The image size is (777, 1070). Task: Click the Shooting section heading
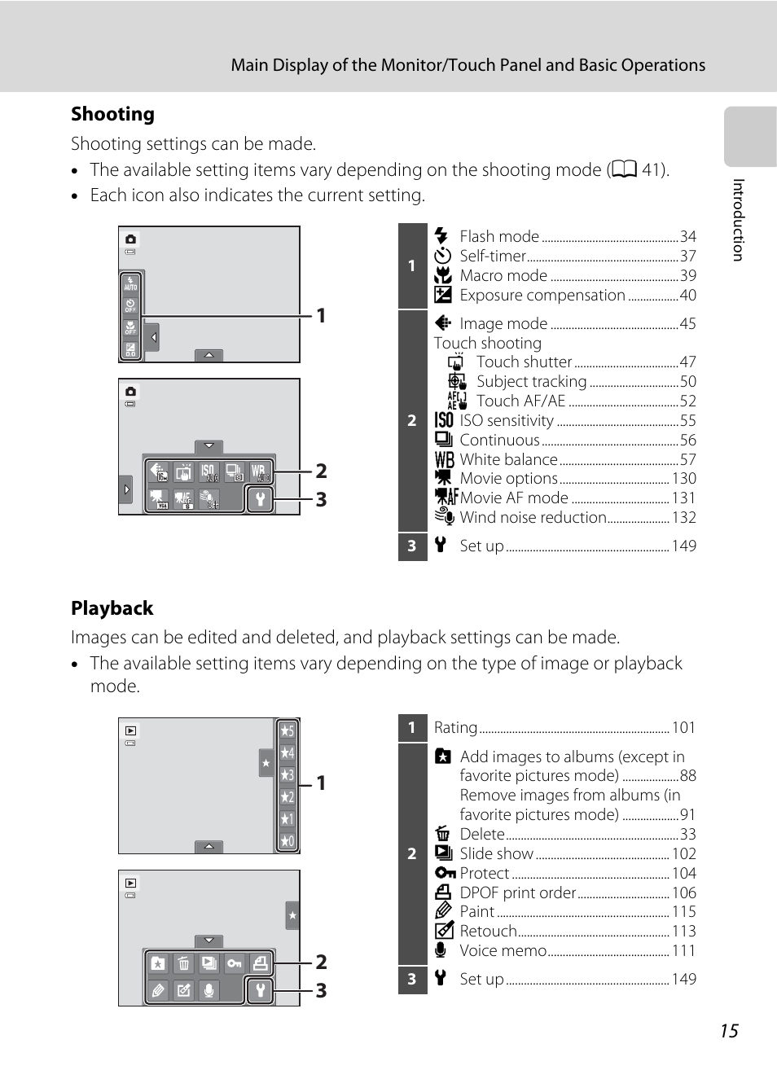click(x=112, y=114)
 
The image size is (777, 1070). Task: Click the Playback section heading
click(x=112, y=608)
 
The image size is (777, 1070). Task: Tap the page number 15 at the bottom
click(x=728, y=1031)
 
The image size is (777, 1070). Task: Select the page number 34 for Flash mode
click(x=688, y=236)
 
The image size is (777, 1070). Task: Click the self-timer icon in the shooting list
click(x=442, y=256)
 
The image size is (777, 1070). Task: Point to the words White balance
click(x=508, y=459)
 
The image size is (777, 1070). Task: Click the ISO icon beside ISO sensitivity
click(x=444, y=420)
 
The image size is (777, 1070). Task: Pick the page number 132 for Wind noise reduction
click(x=683, y=517)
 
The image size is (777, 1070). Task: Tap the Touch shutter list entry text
click(x=524, y=362)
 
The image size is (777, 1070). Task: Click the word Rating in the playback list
click(x=455, y=727)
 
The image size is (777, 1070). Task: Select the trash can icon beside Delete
click(x=443, y=834)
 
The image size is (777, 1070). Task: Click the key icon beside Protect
click(x=445, y=873)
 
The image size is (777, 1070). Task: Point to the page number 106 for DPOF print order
click(x=683, y=892)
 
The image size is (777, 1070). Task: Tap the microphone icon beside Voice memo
click(x=441, y=950)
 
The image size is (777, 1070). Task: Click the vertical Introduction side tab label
click(x=738, y=220)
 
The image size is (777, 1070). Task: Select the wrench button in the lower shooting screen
click(x=260, y=499)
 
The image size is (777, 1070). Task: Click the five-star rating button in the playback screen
click(x=287, y=730)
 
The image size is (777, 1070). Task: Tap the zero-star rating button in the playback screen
click(x=287, y=841)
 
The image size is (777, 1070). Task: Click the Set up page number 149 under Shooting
click(x=683, y=546)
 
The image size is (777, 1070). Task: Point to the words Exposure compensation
click(x=542, y=295)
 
